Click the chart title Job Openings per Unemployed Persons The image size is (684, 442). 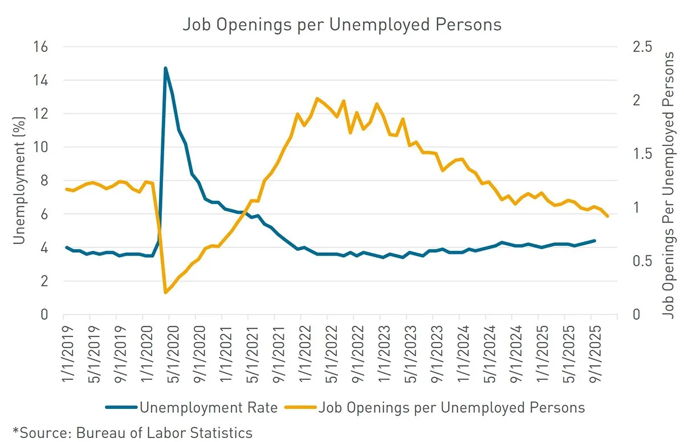tap(341, 25)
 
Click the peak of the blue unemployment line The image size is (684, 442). tap(165, 68)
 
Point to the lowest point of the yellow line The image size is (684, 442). tap(165, 293)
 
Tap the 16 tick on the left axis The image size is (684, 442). tap(42, 47)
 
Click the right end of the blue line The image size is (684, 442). tap(595, 241)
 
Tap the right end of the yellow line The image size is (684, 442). tap(608, 216)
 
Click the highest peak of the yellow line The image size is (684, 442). tap(317, 98)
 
